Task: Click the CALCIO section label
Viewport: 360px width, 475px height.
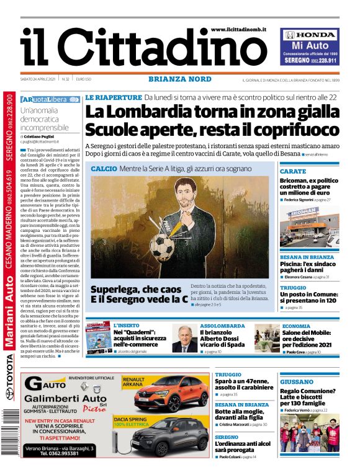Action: pos(103,169)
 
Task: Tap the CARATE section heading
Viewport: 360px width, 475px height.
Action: pos(293,171)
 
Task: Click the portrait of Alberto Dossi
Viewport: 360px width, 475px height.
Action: pos(184,339)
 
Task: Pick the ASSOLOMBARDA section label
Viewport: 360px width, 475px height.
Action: pos(222,326)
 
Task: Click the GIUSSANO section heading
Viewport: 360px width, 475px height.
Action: pos(296,382)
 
